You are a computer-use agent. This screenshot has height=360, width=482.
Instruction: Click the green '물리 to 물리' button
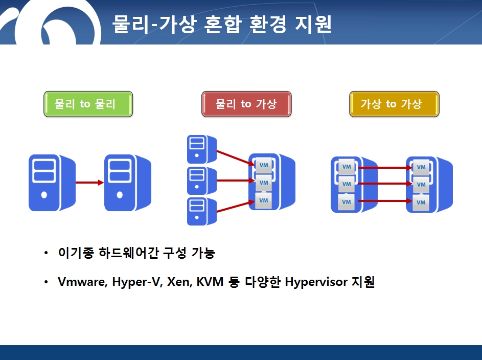click(x=88, y=104)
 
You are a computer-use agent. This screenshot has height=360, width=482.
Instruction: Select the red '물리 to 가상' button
click(x=246, y=104)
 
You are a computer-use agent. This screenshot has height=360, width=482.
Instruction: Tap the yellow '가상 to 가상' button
click(x=394, y=104)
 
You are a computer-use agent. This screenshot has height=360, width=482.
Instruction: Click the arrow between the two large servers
click(x=89, y=183)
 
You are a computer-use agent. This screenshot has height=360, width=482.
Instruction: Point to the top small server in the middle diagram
click(x=202, y=149)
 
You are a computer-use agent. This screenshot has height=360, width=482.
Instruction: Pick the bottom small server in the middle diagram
click(x=202, y=212)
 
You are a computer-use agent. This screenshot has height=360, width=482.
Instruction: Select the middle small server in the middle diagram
click(x=202, y=181)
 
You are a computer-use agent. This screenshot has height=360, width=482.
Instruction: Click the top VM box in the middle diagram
click(x=264, y=165)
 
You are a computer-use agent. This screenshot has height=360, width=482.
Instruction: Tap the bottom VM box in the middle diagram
click(x=263, y=200)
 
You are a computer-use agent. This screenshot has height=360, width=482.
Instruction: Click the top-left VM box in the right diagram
click(x=347, y=167)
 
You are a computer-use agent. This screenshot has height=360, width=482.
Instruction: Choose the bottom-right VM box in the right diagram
click(x=421, y=202)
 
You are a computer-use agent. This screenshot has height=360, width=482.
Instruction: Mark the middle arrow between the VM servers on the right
click(x=385, y=184)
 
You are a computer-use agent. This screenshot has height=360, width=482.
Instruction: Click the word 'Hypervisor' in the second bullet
click(x=316, y=282)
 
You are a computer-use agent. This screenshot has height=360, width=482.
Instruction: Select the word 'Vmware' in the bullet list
click(x=81, y=282)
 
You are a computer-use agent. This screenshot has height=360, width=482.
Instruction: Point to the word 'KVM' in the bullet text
click(x=210, y=282)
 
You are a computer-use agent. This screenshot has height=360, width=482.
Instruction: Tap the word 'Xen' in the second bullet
click(x=178, y=282)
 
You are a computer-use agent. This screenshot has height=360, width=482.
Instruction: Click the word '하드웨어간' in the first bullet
click(x=128, y=253)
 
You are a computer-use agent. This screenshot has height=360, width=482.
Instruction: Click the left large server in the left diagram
click(x=52, y=183)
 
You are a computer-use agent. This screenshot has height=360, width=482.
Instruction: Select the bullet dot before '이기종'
click(x=46, y=253)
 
